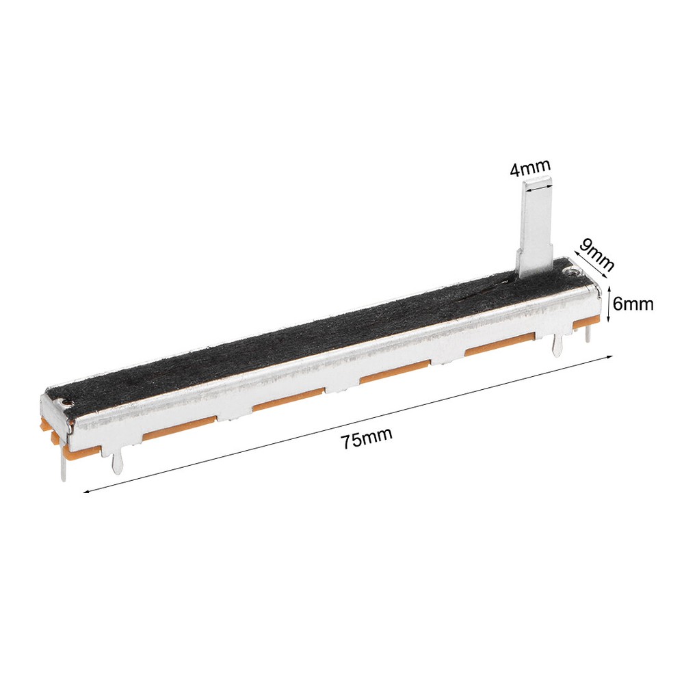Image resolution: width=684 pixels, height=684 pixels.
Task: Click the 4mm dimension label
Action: pos(531,168)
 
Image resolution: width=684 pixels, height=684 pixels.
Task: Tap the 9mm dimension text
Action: pos(596,255)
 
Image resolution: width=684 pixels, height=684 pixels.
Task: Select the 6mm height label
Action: pos(633,304)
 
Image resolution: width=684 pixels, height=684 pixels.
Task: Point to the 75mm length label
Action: pos(367,438)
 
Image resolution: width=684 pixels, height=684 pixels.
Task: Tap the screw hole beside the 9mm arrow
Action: pos(573,272)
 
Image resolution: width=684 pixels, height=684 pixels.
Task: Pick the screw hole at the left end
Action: pos(66,401)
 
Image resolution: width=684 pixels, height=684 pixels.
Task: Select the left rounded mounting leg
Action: pos(116,462)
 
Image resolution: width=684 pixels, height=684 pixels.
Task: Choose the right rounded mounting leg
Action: pos(556,343)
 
